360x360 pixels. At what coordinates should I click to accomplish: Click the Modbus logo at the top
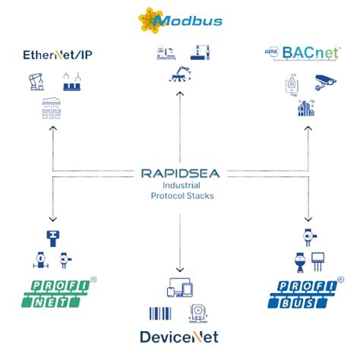[179, 18]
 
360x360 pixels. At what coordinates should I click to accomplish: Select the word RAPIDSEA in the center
[179, 173]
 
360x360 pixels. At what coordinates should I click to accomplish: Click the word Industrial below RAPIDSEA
[179, 186]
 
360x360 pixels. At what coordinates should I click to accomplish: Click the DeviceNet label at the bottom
[179, 337]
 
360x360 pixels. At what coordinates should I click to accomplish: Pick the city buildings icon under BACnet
[307, 109]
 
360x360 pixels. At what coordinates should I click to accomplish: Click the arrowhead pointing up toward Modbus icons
[179, 94]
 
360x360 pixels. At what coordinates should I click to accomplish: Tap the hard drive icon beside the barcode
[198, 313]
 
